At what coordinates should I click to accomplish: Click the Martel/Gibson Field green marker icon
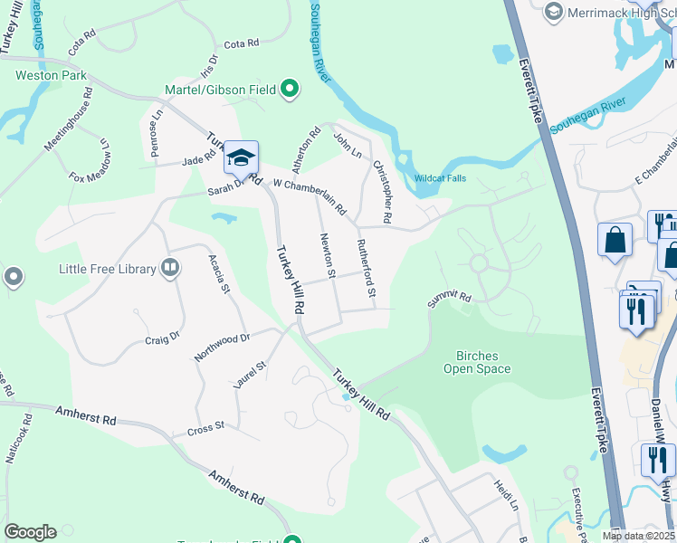[290, 89]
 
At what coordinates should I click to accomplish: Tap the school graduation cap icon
[242, 158]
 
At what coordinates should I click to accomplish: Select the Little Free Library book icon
[169, 267]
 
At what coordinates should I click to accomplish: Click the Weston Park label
[50, 74]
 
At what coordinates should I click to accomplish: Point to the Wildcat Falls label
[441, 178]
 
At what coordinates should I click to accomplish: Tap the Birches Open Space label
[477, 362]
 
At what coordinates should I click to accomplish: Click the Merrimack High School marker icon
[554, 12]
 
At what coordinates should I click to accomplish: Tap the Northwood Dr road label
[220, 346]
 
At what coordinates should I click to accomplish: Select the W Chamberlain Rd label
[310, 195]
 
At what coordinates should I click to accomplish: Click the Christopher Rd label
[382, 192]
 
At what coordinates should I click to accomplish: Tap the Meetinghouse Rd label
[69, 119]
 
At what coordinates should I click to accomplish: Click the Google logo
[30, 532]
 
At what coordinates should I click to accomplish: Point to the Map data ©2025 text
[639, 536]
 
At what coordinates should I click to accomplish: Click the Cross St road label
[205, 427]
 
